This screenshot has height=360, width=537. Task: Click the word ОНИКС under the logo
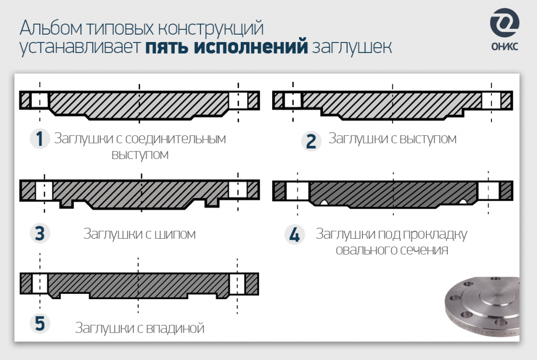coord(504,46)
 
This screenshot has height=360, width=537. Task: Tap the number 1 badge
coord(39,139)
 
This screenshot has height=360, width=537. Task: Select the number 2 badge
coord(311,141)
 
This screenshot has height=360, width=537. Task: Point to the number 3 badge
coord(39,234)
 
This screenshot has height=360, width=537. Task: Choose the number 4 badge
coord(295,235)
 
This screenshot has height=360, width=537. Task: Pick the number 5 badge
coord(39,323)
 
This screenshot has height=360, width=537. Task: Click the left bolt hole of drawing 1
coord(40,100)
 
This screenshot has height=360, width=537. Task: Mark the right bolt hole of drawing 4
coord(488,190)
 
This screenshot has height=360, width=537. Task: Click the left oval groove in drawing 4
coord(325,202)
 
